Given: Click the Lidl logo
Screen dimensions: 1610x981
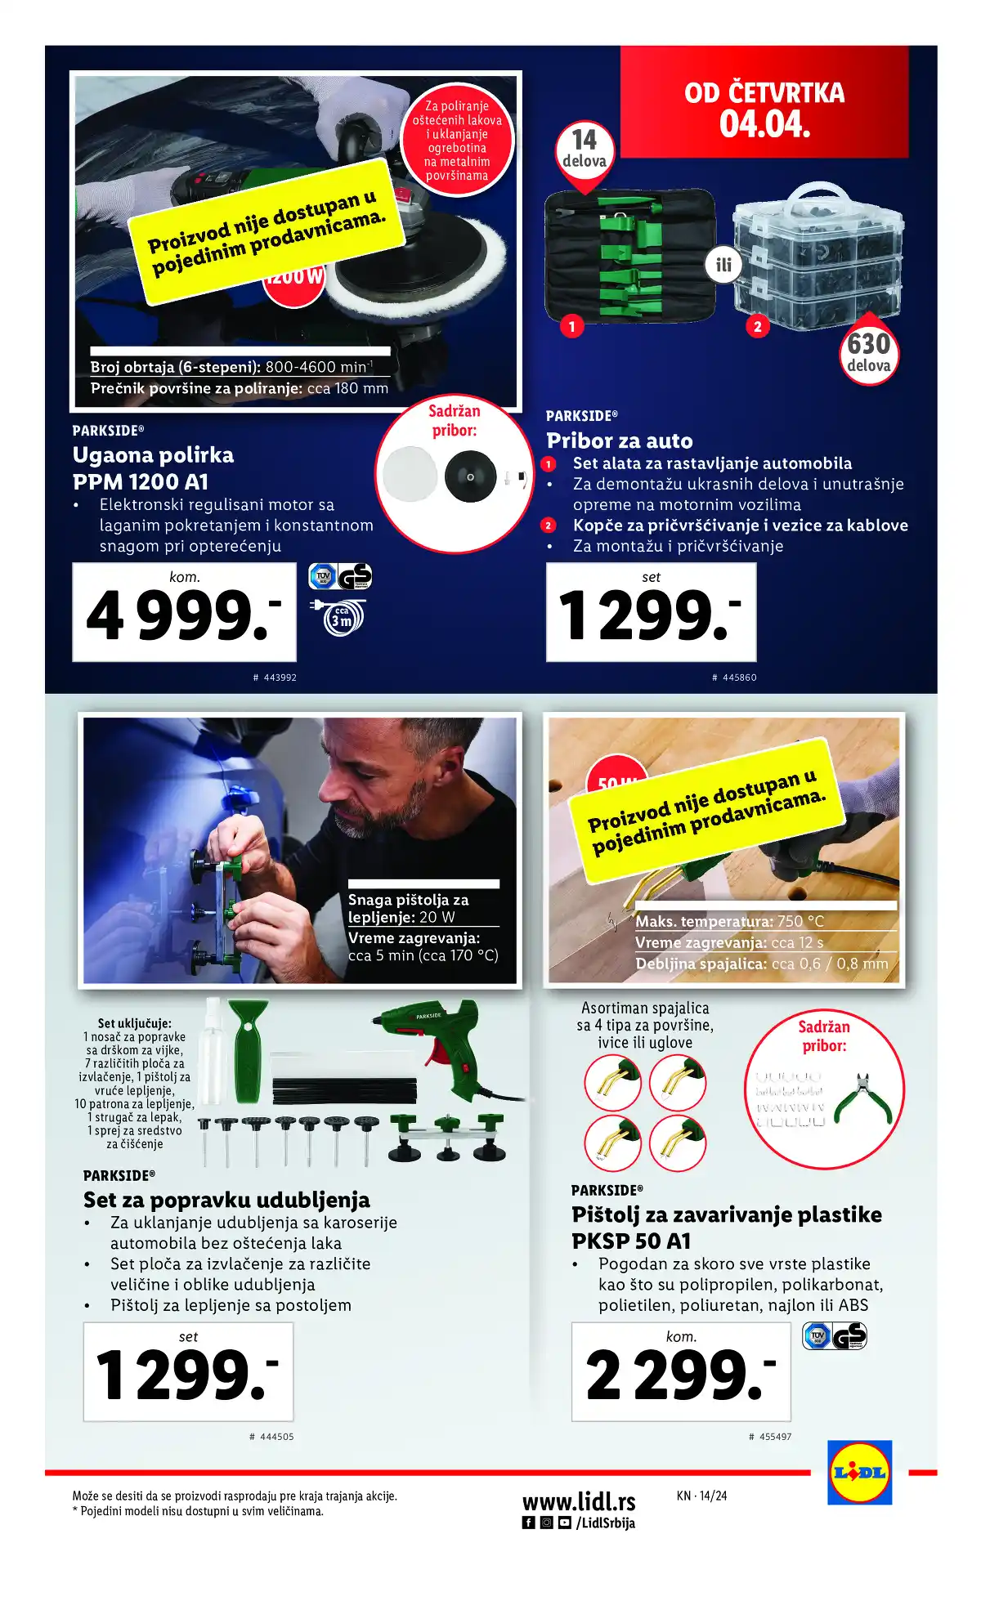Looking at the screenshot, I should [859, 1473].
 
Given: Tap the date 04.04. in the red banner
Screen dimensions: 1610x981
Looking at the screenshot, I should [764, 124].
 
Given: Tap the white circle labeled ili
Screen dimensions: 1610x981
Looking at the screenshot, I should [723, 265].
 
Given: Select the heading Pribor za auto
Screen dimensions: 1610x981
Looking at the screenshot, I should [619, 441].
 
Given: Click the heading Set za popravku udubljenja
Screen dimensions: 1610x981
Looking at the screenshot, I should [226, 1200].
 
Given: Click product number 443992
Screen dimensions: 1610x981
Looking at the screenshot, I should [275, 678].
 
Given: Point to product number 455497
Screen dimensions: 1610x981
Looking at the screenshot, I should [770, 1436].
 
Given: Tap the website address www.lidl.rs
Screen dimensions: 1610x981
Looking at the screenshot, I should [579, 1501].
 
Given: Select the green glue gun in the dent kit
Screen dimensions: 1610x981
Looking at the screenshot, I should [441, 1046].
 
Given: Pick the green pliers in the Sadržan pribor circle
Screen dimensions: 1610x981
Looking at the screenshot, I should [862, 1099].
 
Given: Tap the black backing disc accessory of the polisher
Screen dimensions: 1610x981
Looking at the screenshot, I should [470, 476].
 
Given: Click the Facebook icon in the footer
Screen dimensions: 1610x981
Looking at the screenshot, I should [529, 1523].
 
